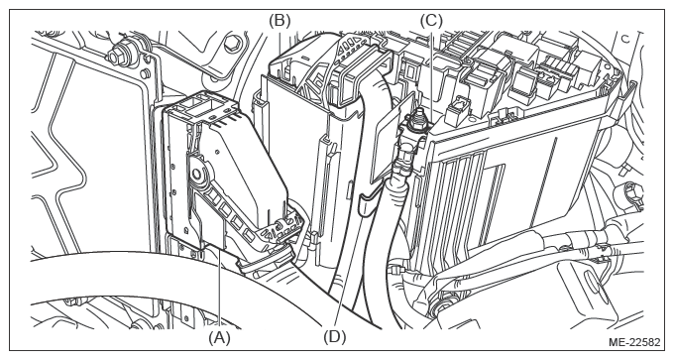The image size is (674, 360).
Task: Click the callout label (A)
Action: click(220, 338)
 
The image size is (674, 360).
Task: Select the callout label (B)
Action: click(280, 20)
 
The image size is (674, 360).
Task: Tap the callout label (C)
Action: click(431, 20)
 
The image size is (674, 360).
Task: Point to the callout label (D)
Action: click(335, 337)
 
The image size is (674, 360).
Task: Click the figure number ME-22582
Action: click(634, 342)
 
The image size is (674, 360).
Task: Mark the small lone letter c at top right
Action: click(625, 39)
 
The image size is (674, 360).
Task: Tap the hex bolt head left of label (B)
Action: click(233, 43)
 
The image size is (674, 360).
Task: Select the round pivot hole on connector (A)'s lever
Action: click(197, 174)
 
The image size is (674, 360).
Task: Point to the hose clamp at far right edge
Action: click(628, 192)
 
